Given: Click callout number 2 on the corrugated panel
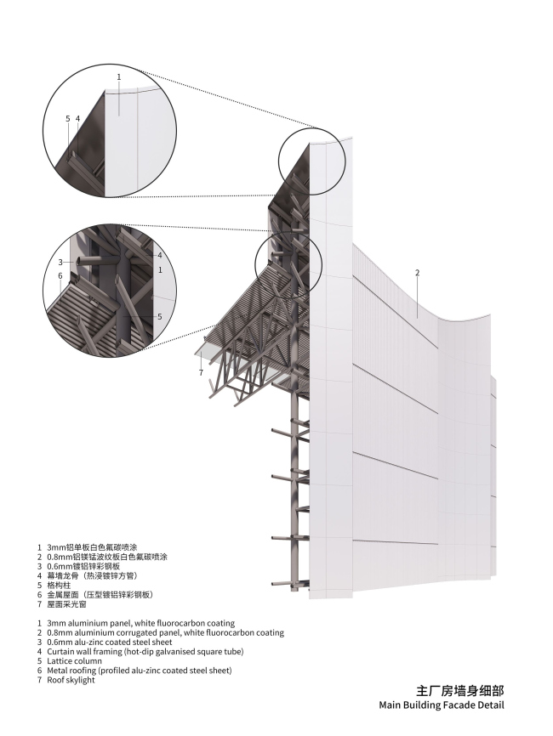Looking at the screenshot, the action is [x=417, y=272].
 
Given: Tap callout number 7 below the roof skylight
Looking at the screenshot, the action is [x=201, y=373].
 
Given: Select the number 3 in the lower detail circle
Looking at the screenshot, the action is [x=60, y=262].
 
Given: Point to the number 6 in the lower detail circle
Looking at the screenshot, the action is [x=60, y=275].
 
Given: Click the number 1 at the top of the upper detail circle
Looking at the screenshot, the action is [x=119, y=76].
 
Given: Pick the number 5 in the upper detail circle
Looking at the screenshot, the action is [x=68, y=119].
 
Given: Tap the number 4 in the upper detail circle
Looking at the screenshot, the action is [x=77, y=119].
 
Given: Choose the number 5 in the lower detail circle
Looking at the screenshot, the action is [x=160, y=316].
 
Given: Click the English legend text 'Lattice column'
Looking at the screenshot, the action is [x=74, y=661].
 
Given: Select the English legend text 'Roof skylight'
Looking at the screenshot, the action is [x=71, y=680].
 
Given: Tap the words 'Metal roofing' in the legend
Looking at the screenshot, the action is [x=71, y=671].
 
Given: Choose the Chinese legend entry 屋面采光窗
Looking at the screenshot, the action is [x=66, y=604].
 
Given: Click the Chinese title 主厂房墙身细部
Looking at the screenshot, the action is [x=460, y=690].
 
